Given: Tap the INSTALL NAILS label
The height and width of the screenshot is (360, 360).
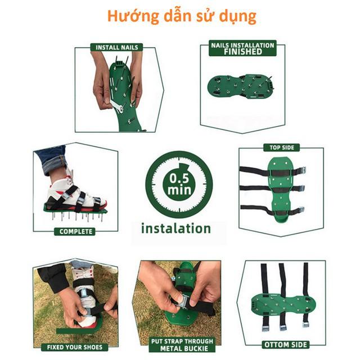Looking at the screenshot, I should click(x=116, y=48).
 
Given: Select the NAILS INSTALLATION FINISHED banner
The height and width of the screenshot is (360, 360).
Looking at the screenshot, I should click(x=242, y=48).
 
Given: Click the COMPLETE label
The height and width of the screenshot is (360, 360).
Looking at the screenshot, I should click(x=76, y=231).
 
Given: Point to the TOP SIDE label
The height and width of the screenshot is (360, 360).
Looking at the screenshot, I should click(x=281, y=148).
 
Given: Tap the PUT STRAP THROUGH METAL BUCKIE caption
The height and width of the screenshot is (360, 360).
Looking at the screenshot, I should click(x=182, y=345).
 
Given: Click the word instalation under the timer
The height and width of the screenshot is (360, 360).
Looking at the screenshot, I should click(x=175, y=228).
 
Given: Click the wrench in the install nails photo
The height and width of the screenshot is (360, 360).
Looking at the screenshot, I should click(x=119, y=106).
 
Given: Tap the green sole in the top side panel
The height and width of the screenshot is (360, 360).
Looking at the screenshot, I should click(x=281, y=191).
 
